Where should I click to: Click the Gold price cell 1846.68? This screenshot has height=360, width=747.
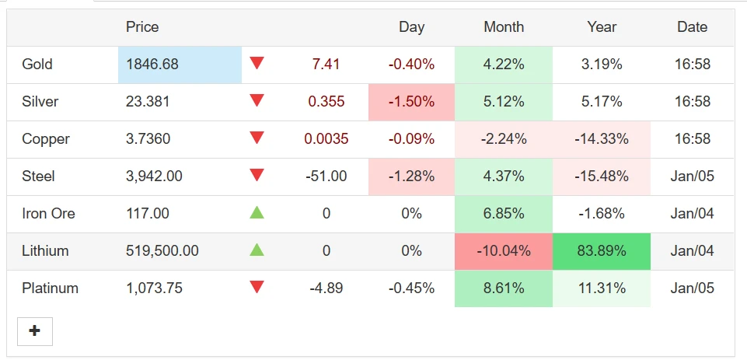(152, 64)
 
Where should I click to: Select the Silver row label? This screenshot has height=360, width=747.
(40, 101)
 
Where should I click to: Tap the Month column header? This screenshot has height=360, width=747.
(504, 26)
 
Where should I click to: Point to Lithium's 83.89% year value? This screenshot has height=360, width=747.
(601, 251)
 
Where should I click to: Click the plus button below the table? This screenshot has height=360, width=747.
(35, 331)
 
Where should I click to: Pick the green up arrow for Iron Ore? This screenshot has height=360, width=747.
(257, 213)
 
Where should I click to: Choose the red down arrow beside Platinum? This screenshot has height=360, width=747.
(257, 287)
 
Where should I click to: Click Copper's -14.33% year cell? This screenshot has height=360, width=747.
(601, 138)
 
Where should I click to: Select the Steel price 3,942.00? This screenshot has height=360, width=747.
(154, 176)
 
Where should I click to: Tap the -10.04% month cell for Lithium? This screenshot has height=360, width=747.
(504, 251)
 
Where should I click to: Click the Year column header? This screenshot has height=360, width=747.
(602, 26)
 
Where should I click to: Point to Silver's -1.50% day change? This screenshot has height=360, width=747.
(412, 102)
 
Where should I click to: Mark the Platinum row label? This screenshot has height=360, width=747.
(50, 288)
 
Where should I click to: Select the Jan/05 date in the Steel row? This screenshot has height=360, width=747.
(693, 176)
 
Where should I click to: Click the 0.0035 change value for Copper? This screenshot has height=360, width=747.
(326, 138)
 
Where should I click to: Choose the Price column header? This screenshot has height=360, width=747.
(142, 26)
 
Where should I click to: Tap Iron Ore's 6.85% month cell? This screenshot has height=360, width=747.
(504, 214)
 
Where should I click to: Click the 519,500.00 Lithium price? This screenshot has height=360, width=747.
(162, 251)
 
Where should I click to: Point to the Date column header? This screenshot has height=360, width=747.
(693, 26)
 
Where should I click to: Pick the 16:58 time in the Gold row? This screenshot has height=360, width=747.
(693, 64)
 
